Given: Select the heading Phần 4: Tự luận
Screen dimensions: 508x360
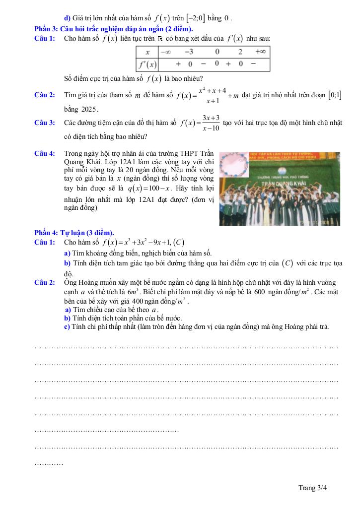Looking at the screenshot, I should [x=74, y=233].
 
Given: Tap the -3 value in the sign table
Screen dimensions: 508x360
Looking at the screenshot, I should [x=189, y=52].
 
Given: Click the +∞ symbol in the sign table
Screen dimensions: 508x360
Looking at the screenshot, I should [x=260, y=52].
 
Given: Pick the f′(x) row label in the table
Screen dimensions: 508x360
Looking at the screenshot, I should [x=147, y=64].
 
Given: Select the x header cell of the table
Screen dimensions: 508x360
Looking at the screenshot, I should [x=147, y=52].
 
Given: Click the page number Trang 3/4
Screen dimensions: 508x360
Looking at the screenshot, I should [x=313, y=488].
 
